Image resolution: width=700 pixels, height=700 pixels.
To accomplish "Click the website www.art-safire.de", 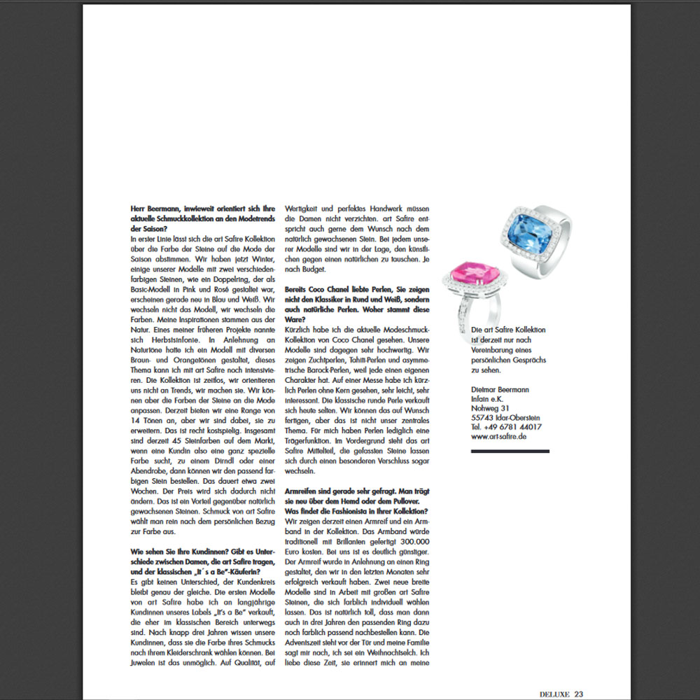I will (499, 436).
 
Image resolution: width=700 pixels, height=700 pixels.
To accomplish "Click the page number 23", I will (578, 694).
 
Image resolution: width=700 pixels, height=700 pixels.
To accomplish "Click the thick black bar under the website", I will (510, 451).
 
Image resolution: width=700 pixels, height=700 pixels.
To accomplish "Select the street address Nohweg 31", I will (490, 407).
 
